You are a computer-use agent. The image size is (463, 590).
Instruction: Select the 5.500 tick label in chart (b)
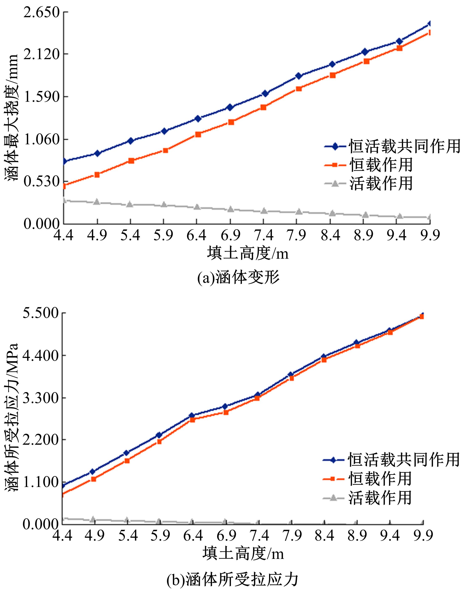[41, 314]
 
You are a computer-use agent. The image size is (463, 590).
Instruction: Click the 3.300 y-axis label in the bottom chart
[41, 398]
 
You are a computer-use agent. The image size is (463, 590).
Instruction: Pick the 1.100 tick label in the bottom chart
[41, 482]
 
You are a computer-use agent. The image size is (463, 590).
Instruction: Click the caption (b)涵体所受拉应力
[233, 579]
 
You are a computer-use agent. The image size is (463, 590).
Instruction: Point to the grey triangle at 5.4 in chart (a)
[130, 204]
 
